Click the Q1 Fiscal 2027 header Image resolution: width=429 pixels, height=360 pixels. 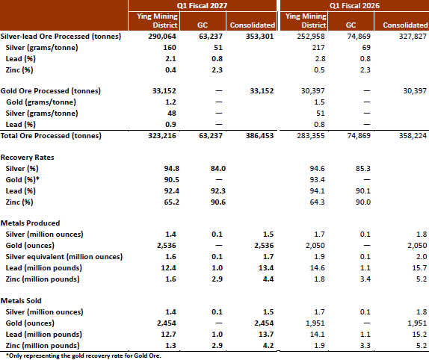click(202, 6)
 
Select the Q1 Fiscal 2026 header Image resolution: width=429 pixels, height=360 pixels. click(354, 6)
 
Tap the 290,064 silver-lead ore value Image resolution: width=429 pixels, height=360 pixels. click(162, 37)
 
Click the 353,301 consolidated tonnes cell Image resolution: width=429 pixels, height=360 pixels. click(259, 37)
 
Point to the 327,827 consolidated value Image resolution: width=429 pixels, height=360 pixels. click(413, 37)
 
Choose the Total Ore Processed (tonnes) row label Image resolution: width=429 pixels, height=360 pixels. click(51, 136)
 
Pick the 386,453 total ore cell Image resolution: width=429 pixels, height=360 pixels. click(259, 136)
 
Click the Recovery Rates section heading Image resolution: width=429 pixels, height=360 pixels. click(28, 158)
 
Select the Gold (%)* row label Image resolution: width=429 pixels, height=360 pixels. click(22, 180)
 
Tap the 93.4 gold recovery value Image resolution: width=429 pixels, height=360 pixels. click(317, 180)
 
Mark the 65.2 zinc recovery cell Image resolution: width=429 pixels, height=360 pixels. click(172, 202)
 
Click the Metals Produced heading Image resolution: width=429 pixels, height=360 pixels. click(30, 223)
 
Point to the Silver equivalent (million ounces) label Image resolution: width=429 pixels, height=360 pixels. click(64, 257)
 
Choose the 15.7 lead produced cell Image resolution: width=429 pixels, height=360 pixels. click(419, 268)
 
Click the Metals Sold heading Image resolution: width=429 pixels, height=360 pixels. click(21, 301)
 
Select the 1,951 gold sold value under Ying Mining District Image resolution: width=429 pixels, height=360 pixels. click(315, 323)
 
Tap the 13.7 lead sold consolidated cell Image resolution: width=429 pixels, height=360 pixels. click(266, 335)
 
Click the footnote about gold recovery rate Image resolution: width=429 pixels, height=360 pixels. click(84, 356)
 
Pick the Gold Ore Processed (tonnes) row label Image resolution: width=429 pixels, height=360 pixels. click(51, 91)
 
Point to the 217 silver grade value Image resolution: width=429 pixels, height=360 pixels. click(318, 48)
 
